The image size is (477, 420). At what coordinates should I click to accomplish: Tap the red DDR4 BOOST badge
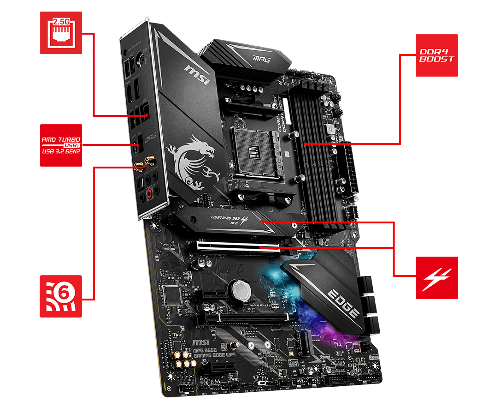[436, 55]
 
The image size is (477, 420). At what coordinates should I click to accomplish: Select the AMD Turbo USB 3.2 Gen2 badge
[61, 145]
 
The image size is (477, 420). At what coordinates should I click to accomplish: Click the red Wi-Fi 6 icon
[61, 296]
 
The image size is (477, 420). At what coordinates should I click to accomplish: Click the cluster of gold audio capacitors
[183, 359]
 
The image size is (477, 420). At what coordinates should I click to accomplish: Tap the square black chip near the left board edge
[172, 293]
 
